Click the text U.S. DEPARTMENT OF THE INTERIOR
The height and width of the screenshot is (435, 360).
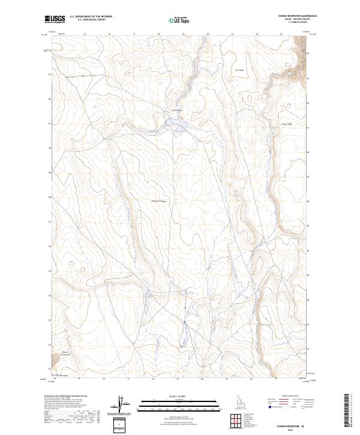(x=91, y=17)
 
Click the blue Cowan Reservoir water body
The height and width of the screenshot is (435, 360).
(x=179, y=125)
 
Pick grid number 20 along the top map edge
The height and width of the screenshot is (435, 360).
(x=208, y=34)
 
